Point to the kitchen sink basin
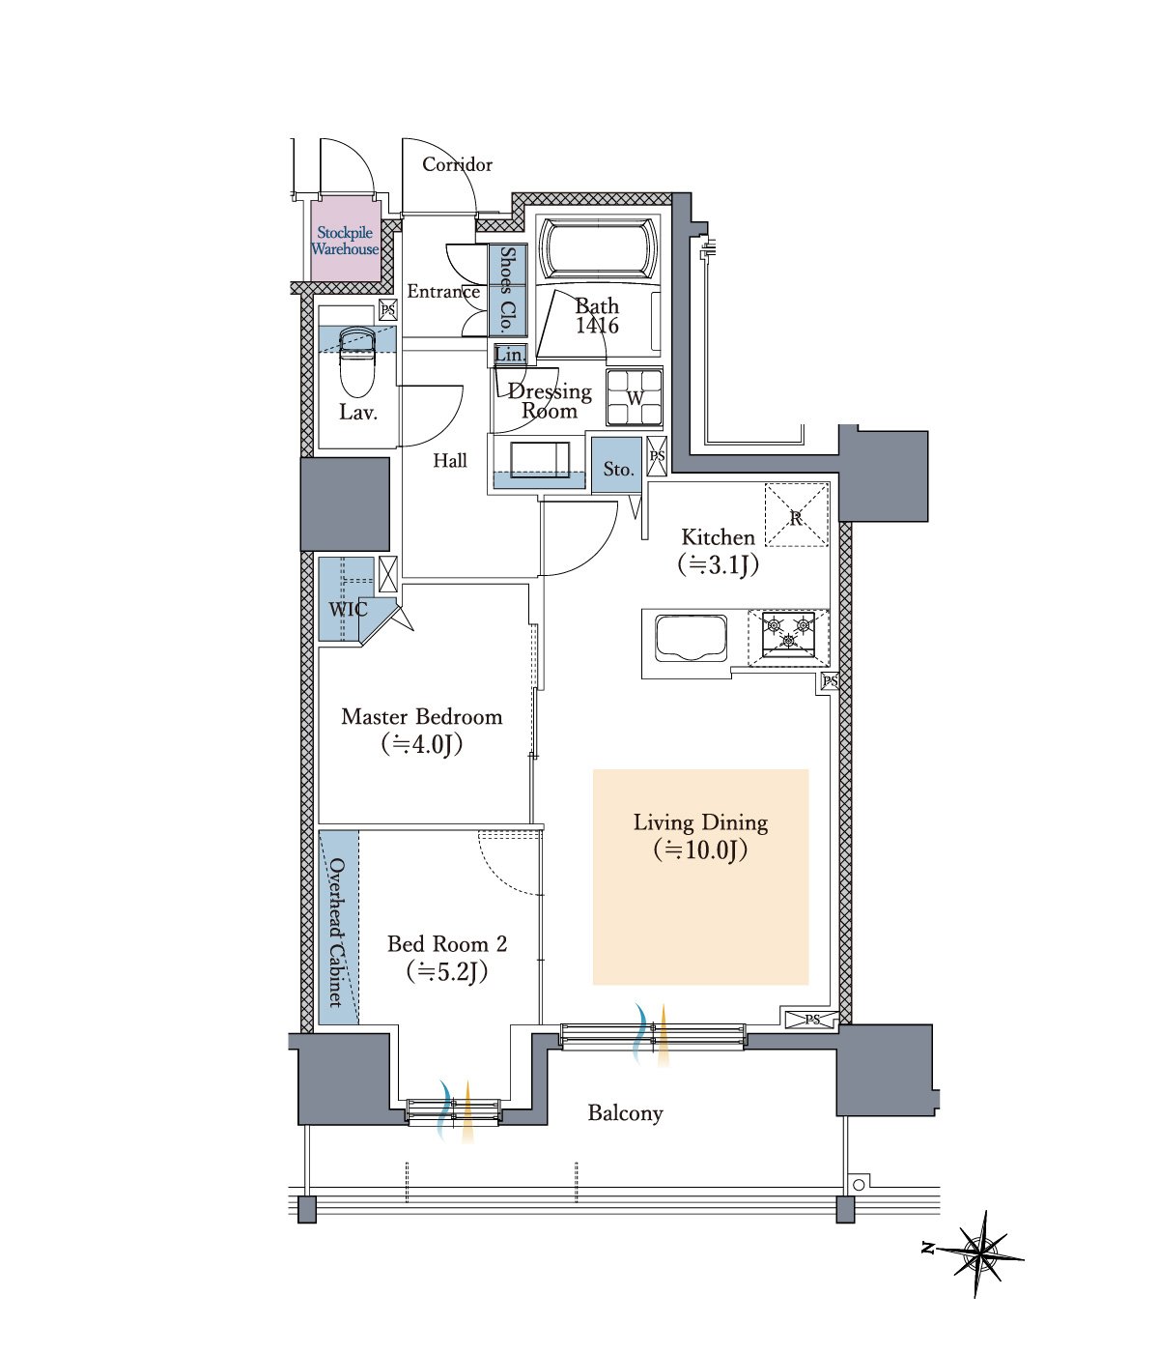pos(691,638)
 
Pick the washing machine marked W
pos(634,398)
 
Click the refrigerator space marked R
pos(796,514)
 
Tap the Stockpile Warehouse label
pos(345,241)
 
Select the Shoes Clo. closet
pos(508,290)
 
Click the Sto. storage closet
pos(617,465)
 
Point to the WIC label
pos(348,610)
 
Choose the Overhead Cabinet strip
pos(339,927)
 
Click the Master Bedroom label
pos(422,717)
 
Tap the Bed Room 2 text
pos(447,944)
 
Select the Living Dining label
pos(700,822)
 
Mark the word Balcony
pos(625,1112)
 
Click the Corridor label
pos(457,164)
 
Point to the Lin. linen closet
pos(510,355)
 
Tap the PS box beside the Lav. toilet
pos(387,309)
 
